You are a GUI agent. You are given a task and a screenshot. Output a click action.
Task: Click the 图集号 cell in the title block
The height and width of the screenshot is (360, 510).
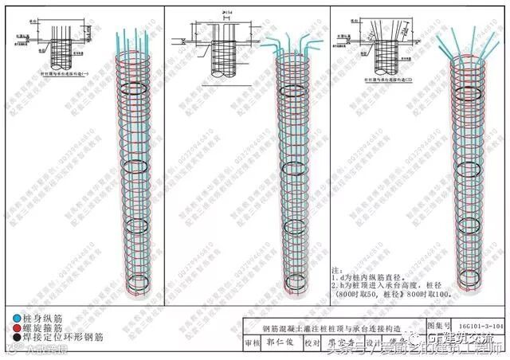pyautogui.click(x=440, y=326)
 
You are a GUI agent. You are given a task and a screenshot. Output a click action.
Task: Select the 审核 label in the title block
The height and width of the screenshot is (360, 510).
pyautogui.click(x=253, y=343)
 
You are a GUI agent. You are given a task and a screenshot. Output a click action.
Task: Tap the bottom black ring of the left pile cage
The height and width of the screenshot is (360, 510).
pyautogui.click(x=139, y=282)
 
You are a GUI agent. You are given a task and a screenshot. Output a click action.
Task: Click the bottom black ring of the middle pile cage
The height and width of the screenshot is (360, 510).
pyautogui.click(x=291, y=281)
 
